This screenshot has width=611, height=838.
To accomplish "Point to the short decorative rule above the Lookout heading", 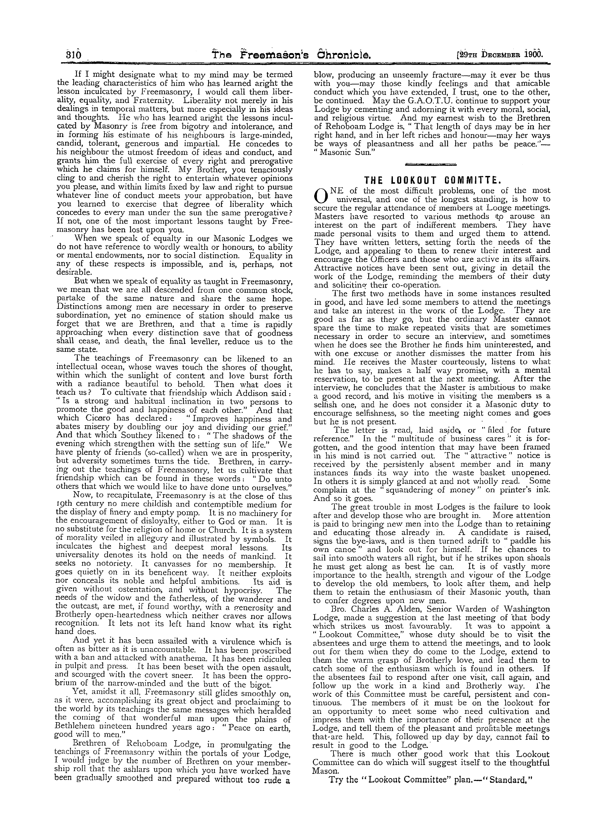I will pos(431,164).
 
